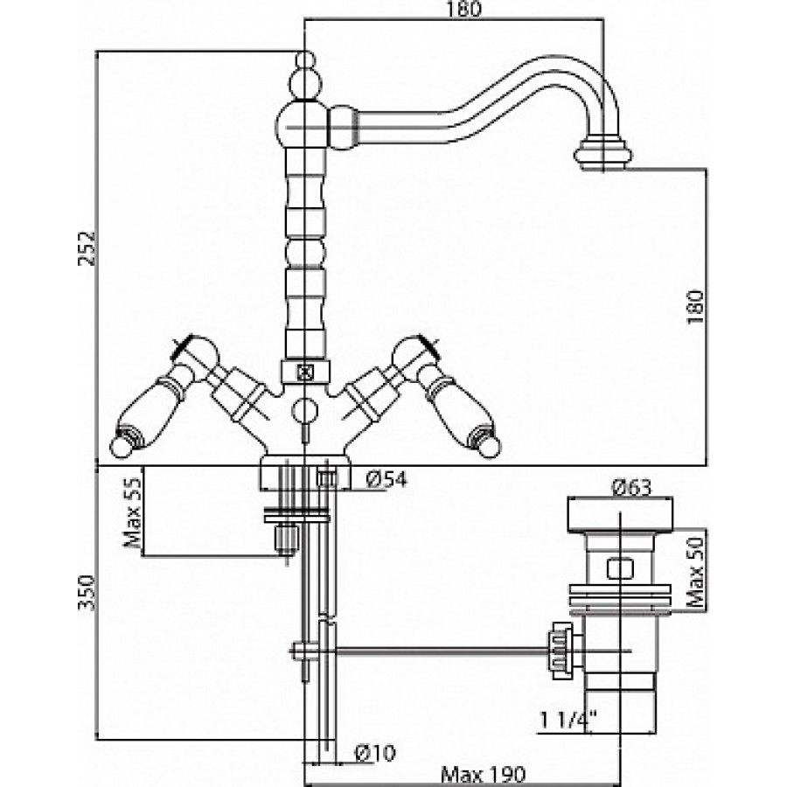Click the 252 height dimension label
(x=87, y=247)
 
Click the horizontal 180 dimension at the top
(x=463, y=9)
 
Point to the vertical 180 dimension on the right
(x=696, y=307)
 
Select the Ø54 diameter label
(x=386, y=480)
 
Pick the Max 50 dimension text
(x=696, y=571)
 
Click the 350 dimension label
(x=87, y=593)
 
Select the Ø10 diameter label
(x=375, y=752)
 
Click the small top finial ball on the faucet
(x=304, y=60)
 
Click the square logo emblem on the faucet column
(x=305, y=372)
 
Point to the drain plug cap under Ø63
(x=620, y=514)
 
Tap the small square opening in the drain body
(x=619, y=569)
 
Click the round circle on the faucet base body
(x=304, y=411)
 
